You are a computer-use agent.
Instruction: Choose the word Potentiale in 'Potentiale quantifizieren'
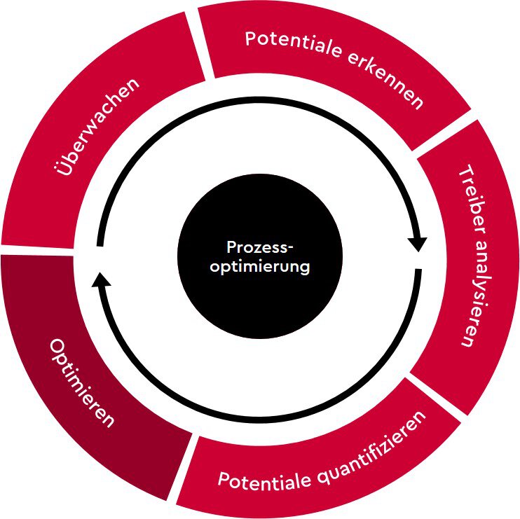tap(261, 482)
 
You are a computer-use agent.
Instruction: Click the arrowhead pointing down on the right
tap(418, 243)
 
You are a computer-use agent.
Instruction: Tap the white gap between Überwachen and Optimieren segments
tap(42, 249)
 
